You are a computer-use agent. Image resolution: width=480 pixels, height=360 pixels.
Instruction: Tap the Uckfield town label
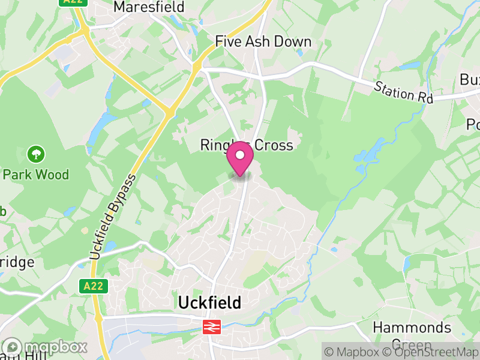[x=209, y=303]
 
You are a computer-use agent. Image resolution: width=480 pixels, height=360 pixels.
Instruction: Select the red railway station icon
[x=211, y=326]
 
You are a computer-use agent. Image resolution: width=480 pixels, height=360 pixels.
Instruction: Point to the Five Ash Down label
[x=263, y=41]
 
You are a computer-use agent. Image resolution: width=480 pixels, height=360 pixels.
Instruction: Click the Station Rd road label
[x=403, y=92]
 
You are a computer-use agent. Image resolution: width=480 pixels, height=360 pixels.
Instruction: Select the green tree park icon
[x=35, y=154]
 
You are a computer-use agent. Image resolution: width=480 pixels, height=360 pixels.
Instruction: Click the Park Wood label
[x=36, y=175]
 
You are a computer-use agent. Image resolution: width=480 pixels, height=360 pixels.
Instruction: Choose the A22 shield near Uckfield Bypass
[x=93, y=286]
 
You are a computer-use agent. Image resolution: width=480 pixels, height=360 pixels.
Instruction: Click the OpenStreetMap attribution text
[x=433, y=352]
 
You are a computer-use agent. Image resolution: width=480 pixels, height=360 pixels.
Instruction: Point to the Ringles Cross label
[x=247, y=145]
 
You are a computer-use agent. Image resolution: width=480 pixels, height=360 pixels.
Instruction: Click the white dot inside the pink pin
[x=240, y=155]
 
